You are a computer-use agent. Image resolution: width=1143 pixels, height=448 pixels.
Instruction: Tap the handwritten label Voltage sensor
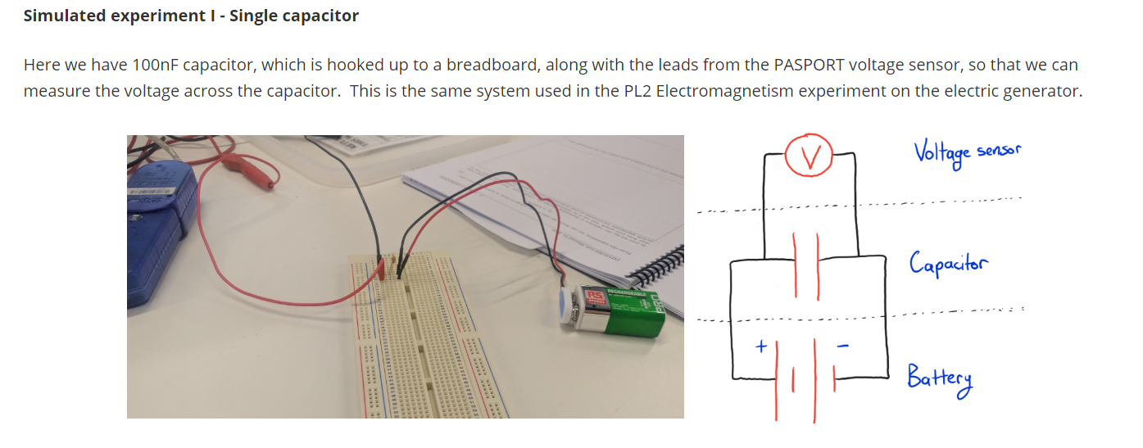tap(967, 152)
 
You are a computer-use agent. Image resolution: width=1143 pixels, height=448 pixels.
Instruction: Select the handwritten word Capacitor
tap(948, 264)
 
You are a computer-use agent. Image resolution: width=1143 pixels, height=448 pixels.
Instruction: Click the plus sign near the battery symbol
tap(760, 346)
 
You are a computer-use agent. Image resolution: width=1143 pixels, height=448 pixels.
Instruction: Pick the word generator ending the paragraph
tap(1045, 91)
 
